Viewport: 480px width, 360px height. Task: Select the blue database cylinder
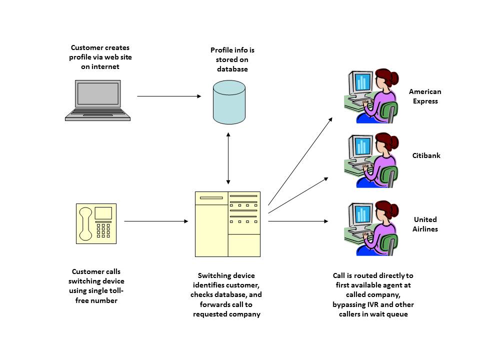tap(229, 102)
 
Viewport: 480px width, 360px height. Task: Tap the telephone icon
tap(96, 223)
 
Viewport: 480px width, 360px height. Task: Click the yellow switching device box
tap(227, 224)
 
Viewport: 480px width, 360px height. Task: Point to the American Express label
tap(425, 96)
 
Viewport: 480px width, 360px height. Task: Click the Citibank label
tap(426, 155)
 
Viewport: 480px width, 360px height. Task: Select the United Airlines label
tap(425, 224)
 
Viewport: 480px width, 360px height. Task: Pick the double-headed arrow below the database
tap(228, 158)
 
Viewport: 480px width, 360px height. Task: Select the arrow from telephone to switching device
tap(155, 220)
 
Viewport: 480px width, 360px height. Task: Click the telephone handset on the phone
tap(85, 223)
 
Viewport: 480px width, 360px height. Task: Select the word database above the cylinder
tap(232, 69)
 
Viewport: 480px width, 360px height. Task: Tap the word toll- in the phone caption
tap(114, 290)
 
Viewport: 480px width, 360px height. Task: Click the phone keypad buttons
tap(103, 230)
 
